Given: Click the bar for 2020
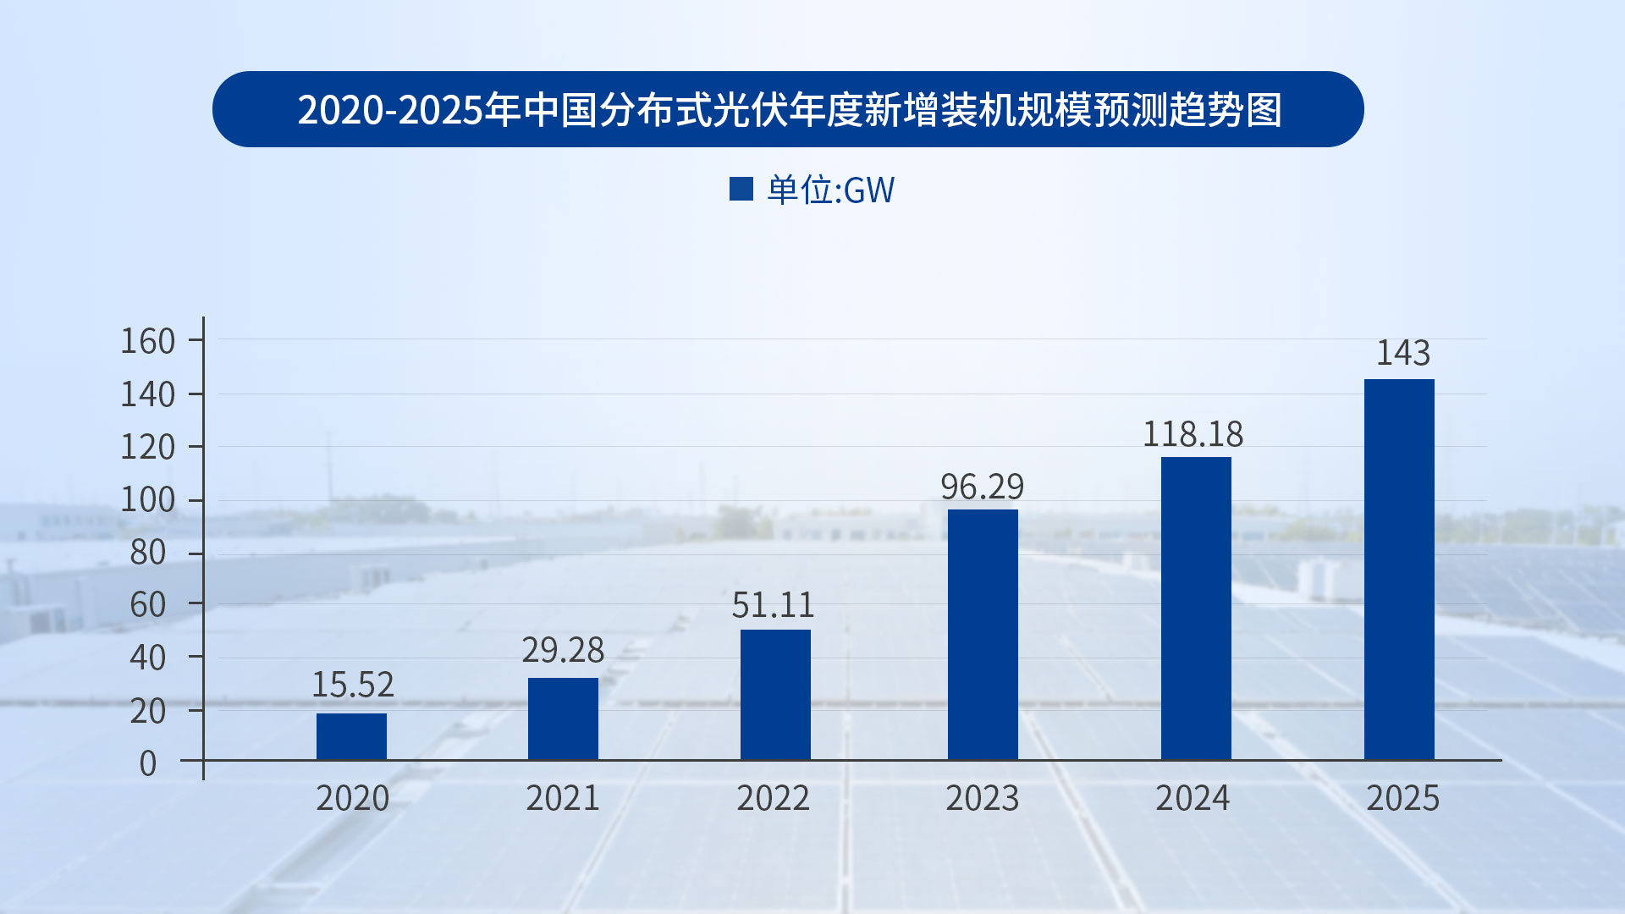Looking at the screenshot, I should [x=351, y=736].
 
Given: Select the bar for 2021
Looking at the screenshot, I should [x=563, y=719].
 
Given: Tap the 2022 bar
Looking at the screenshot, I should [x=775, y=694].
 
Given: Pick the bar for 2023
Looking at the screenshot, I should [x=983, y=635].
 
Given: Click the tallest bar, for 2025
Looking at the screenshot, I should [x=1399, y=569].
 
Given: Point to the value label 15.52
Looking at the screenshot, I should [x=353, y=685].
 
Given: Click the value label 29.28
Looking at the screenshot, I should [x=563, y=650].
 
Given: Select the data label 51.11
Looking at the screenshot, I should [x=773, y=605].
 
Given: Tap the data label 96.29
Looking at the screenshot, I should [x=982, y=487].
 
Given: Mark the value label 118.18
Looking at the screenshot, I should [x=1193, y=434].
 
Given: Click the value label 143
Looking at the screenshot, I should [x=1402, y=353].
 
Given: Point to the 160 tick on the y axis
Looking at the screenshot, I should [x=148, y=341].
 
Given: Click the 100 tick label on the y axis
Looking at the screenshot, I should [x=148, y=499].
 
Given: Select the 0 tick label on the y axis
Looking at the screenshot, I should [x=148, y=763].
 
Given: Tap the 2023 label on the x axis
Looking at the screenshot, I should [x=982, y=798].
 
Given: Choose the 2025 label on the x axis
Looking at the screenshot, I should [x=1402, y=798].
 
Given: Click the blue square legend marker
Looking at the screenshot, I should [x=741, y=189].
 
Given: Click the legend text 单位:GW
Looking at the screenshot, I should [x=830, y=190].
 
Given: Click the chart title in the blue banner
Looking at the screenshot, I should [x=789, y=109].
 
